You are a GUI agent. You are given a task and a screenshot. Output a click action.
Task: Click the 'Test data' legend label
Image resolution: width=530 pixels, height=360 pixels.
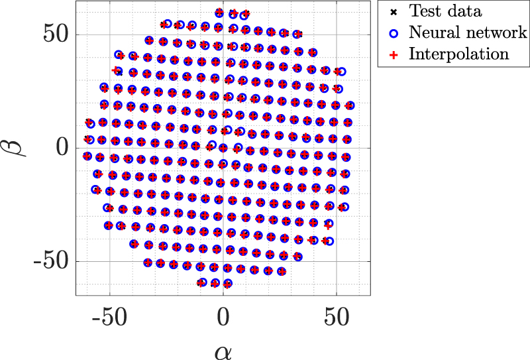[x=446, y=11]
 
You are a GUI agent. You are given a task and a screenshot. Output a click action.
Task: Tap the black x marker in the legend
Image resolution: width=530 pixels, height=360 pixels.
[x=394, y=11]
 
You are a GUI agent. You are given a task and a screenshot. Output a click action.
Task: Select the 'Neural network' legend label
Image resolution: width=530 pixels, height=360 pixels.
[x=468, y=32]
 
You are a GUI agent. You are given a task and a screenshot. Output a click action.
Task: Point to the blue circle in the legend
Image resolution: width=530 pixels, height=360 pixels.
[x=394, y=32]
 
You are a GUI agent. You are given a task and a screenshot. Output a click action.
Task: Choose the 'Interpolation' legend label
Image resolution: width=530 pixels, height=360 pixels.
[x=458, y=54]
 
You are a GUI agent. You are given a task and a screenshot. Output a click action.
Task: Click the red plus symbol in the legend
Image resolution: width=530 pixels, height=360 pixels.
[x=394, y=54]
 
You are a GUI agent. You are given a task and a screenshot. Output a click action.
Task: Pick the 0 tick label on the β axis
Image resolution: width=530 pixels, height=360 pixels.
[x=64, y=147]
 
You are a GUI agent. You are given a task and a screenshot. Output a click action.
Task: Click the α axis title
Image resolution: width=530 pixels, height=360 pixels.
[x=223, y=349]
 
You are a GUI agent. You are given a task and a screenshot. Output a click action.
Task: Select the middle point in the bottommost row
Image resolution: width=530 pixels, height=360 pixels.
[x=215, y=283]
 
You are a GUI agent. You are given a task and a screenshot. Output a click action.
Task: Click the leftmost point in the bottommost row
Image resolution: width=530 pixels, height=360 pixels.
[x=202, y=282]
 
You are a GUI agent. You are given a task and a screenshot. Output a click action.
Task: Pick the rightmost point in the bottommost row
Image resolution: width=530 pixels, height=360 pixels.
[x=228, y=284]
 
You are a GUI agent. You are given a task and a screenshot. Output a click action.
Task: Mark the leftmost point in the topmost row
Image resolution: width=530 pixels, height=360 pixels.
[x=220, y=13]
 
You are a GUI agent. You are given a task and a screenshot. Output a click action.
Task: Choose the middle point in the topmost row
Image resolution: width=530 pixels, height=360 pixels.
[x=233, y=13]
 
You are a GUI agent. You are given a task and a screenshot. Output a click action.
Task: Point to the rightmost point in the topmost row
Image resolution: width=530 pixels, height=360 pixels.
[x=245, y=14]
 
